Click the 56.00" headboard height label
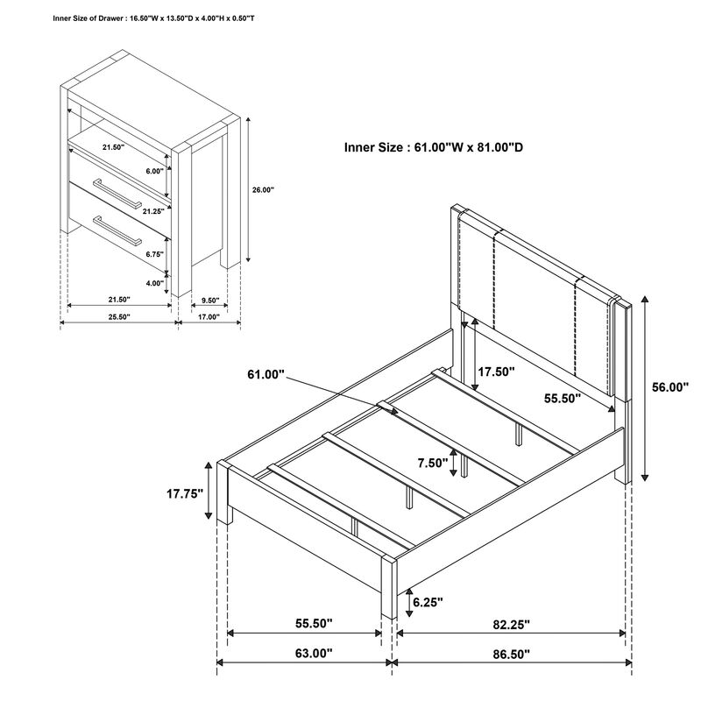tap(670, 387)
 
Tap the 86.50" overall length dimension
tap(512, 654)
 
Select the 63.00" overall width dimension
tap(314, 653)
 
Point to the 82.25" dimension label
tap(512, 625)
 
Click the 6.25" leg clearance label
tap(428, 602)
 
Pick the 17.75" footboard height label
tap(185, 493)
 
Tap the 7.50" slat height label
tap(433, 463)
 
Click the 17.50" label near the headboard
tap(496, 372)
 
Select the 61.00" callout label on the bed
tap(266, 374)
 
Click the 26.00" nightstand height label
tap(263, 189)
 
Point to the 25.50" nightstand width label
tap(119, 316)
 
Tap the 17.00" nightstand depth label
tap(209, 316)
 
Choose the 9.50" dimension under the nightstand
tap(209, 300)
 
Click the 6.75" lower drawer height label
tap(155, 254)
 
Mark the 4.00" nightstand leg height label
tap(155, 282)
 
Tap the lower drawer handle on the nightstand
tap(117, 230)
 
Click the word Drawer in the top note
tap(112, 18)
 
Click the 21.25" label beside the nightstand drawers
tap(154, 211)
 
